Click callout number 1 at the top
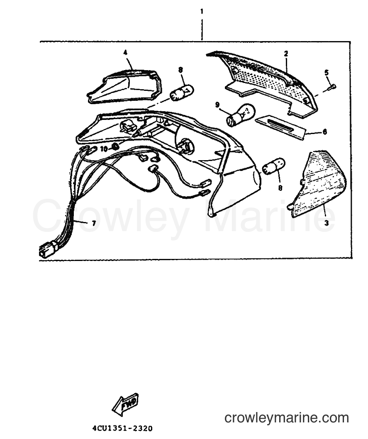202,12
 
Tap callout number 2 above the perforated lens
286,54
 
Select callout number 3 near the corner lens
326,223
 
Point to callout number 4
125,52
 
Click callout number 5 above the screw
327,73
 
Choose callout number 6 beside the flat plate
324,132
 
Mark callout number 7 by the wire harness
93,223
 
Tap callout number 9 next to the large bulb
217,105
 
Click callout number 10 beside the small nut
104,149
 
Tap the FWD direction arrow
125,404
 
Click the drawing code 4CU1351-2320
122,429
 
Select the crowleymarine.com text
287,418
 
